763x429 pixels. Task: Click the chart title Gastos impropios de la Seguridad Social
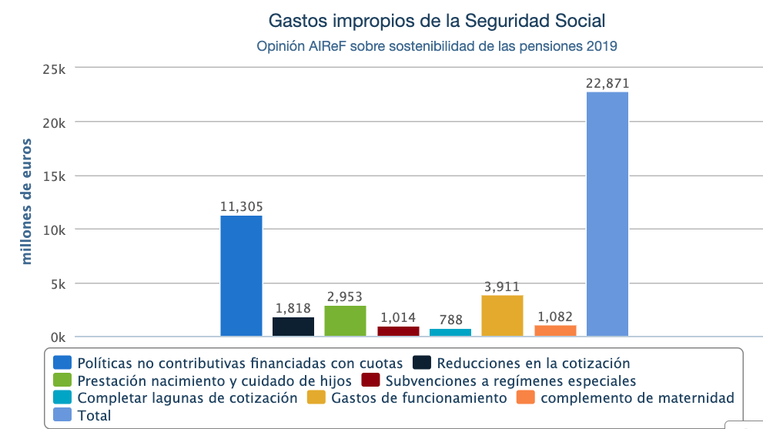[x=437, y=19]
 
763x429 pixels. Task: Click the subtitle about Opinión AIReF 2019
[x=437, y=46]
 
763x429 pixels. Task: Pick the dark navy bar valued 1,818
[x=293, y=327]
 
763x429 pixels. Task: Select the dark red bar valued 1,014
[x=398, y=331]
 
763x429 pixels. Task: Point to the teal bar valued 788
[x=450, y=332]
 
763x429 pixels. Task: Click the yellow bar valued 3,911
[x=502, y=316]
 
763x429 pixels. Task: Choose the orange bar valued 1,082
[x=555, y=330]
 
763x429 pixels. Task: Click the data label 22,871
[x=607, y=83]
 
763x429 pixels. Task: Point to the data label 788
[x=450, y=320]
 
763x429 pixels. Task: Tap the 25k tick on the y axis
[x=53, y=69]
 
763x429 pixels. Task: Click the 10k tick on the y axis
[x=53, y=230]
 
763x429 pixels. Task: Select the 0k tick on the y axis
[x=56, y=337]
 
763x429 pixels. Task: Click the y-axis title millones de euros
[x=27, y=202]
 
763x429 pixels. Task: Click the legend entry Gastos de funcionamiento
[x=418, y=398]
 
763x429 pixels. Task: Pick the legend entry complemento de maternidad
[x=637, y=398]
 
